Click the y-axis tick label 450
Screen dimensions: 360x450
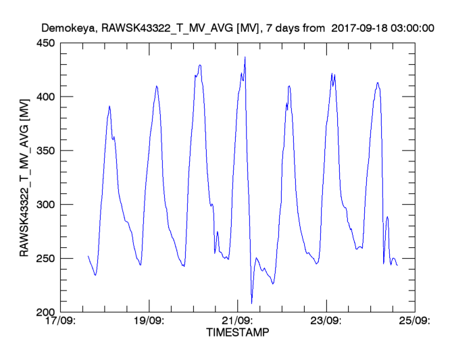[47, 43]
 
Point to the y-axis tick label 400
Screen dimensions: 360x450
[47, 97]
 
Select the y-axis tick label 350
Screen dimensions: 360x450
[47, 151]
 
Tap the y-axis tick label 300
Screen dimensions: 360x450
[47, 205]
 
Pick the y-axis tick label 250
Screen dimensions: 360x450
[47, 259]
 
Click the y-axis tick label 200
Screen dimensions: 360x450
[47, 313]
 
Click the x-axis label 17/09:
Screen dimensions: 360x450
[61, 322]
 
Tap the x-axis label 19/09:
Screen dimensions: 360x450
[149, 322]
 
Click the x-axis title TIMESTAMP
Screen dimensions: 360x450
[237, 333]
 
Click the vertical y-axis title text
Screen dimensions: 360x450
[25, 178]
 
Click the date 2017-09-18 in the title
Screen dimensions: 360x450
[362, 28]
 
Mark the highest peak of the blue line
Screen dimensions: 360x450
[245, 57]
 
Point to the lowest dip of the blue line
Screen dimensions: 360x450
[251, 303]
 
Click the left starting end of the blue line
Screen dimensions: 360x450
[88, 256]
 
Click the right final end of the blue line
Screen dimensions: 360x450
[397, 265]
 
